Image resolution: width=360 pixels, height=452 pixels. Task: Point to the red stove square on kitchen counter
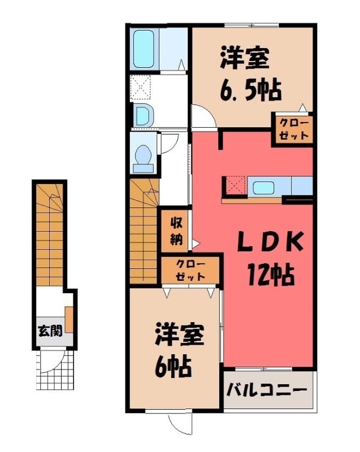[x=235, y=185]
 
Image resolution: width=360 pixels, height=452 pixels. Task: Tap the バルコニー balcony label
[x=267, y=390]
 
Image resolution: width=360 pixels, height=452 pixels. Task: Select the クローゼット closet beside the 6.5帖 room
[x=293, y=129]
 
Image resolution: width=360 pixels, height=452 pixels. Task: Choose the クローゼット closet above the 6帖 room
[x=190, y=271]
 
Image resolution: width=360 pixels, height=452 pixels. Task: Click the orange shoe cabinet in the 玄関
[x=69, y=319]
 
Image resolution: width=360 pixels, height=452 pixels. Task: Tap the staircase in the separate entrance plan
[x=49, y=232]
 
